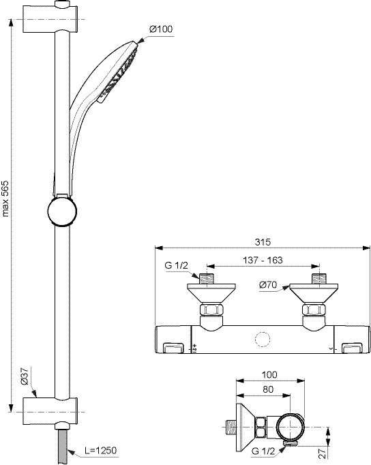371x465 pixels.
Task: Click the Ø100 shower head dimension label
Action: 161,29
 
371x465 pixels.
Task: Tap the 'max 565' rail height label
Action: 5,198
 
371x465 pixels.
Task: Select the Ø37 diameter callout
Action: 25,376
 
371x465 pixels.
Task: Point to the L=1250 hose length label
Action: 100,450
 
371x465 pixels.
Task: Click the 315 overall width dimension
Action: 263,242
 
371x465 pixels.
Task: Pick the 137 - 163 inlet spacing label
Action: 263,260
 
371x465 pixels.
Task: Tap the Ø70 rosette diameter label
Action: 268,285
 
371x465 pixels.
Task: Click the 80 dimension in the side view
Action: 268,389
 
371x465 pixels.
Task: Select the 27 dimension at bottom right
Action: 323,453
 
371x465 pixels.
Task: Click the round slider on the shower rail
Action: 62,211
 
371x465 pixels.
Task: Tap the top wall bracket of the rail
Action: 50,18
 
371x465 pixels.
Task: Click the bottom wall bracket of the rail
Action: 50,412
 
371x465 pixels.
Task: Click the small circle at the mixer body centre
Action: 263,340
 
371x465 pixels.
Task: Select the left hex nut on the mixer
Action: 211,310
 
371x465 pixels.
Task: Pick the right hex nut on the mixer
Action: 314,310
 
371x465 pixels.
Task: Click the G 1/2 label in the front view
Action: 177,265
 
